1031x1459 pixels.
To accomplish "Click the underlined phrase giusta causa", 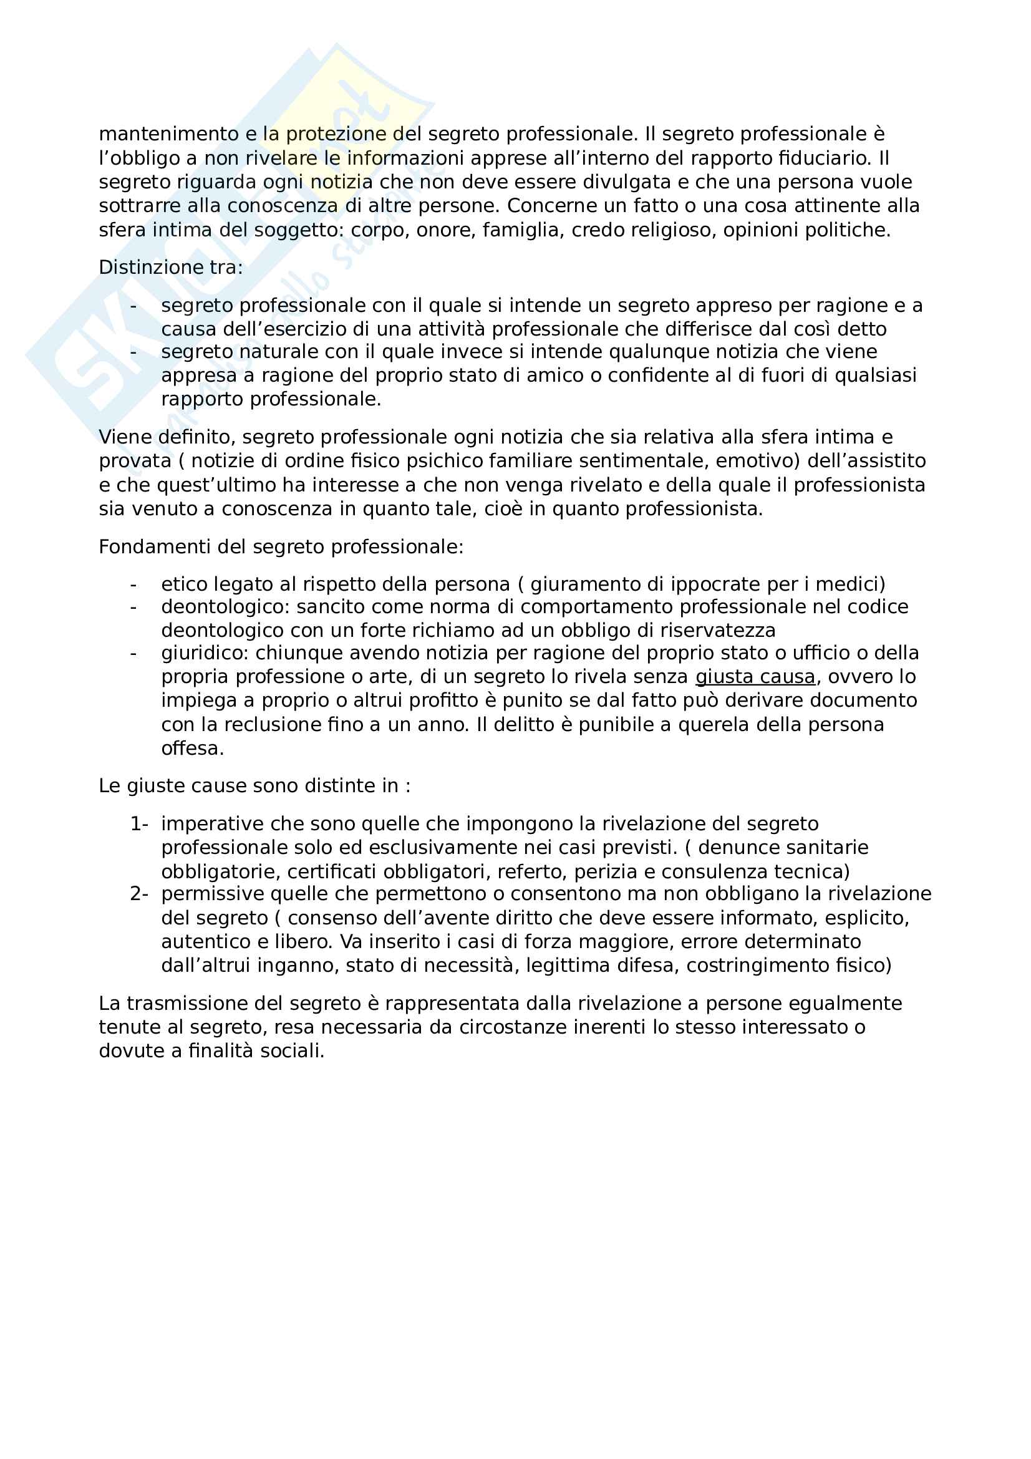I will pos(755,677).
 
